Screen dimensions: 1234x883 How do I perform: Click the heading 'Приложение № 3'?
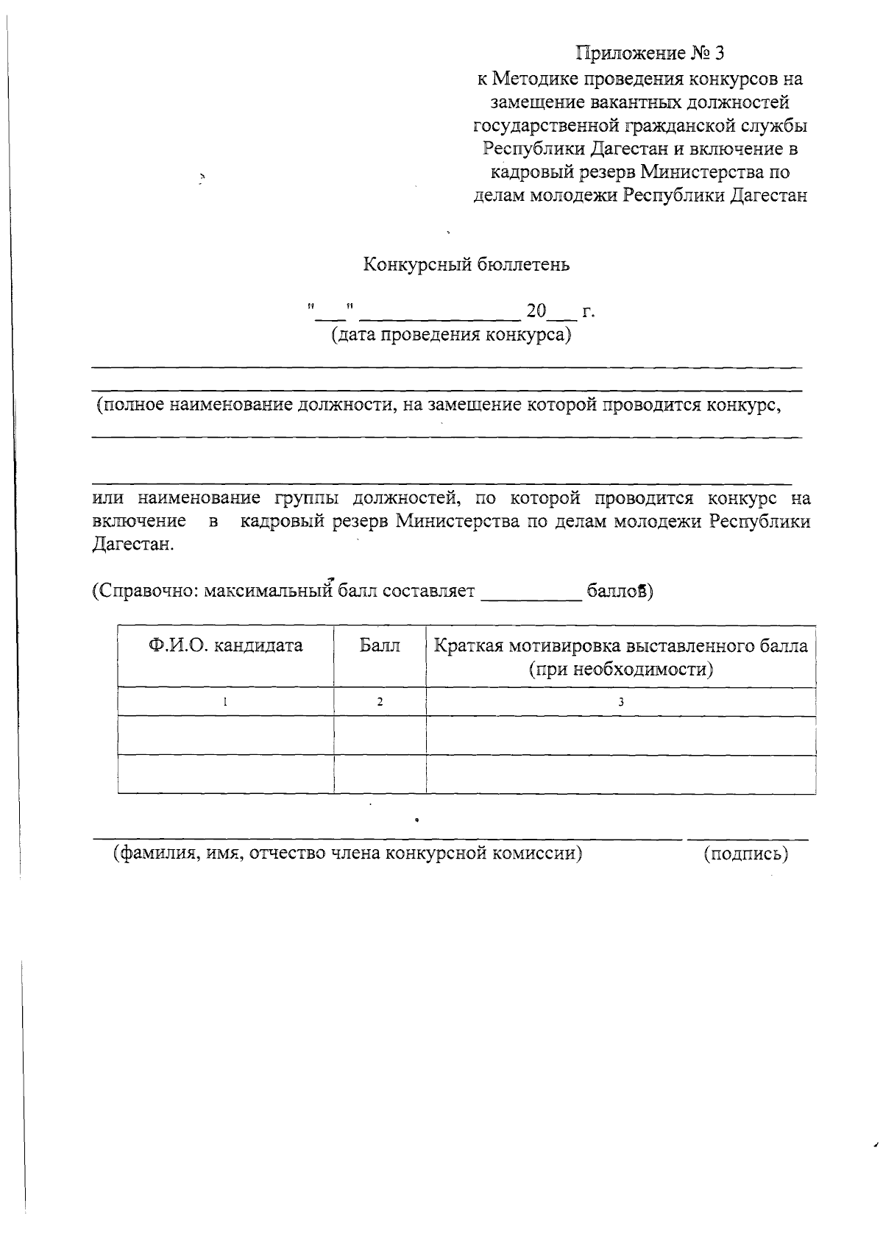pyautogui.click(x=650, y=53)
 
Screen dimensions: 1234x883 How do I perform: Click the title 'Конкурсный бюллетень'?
pyautogui.click(x=467, y=265)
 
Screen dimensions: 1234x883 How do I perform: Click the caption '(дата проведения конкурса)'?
pyautogui.click(x=451, y=336)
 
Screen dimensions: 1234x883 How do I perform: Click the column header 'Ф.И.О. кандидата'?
pyautogui.click(x=225, y=646)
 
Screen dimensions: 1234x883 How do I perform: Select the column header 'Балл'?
pyautogui.click(x=380, y=646)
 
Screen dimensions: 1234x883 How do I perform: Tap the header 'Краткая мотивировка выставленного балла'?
pyautogui.click(x=620, y=646)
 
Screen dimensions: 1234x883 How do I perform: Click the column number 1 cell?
pyautogui.click(x=225, y=702)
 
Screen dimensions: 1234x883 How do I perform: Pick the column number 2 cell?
pyautogui.click(x=380, y=702)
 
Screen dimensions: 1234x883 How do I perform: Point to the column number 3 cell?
pyautogui.click(x=620, y=702)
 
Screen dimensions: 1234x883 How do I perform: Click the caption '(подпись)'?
pyautogui.click(x=745, y=854)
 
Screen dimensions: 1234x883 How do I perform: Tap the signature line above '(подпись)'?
pyautogui.click(x=747, y=838)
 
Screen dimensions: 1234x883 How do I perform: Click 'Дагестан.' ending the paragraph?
pyautogui.click(x=134, y=545)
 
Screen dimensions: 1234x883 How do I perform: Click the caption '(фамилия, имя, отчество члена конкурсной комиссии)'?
pyautogui.click(x=347, y=854)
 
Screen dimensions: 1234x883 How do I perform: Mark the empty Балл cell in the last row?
pyautogui.click(x=380, y=773)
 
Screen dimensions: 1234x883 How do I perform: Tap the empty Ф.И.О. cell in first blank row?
pyautogui.click(x=225, y=735)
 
